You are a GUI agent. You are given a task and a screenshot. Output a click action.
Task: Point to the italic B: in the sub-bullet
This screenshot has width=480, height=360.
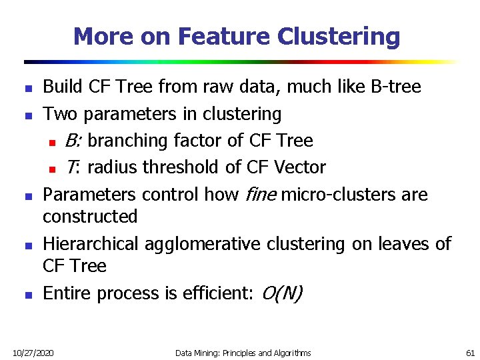pos(73,141)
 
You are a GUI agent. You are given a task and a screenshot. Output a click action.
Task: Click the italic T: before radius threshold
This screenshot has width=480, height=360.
pos(73,167)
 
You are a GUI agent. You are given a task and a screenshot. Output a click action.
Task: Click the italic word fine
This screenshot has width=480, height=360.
pos(261,195)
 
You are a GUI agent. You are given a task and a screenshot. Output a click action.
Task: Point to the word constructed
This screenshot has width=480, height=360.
pos(90,217)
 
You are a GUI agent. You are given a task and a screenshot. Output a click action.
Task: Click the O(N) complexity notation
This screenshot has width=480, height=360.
pos(282,293)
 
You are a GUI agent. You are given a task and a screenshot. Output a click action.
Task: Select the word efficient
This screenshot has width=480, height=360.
pos(215,293)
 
